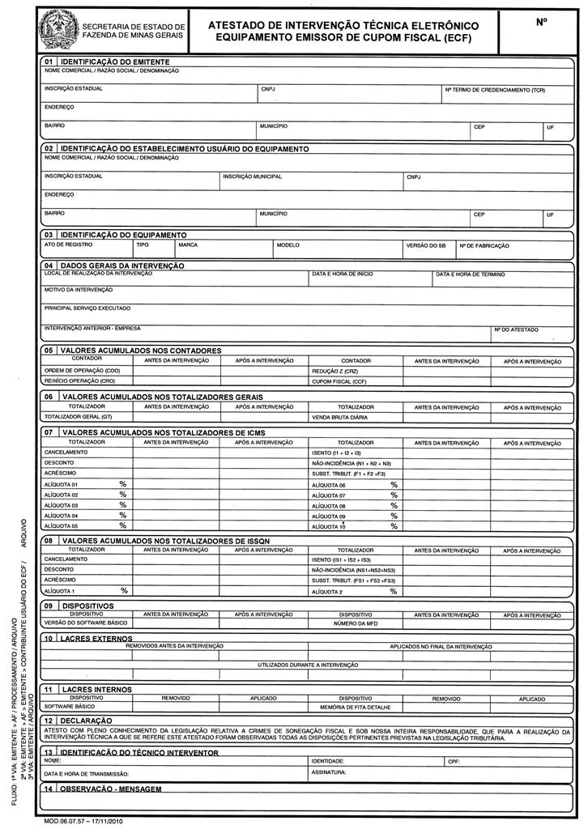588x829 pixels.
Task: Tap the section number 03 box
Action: (x=49, y=235)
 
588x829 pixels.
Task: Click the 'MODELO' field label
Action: (x=288, y=244)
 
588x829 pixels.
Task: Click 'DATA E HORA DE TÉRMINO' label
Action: (x=470, y=274)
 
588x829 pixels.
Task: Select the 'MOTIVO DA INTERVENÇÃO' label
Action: (x=78, y=289)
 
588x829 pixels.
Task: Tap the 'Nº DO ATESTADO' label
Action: (x=516, y=329)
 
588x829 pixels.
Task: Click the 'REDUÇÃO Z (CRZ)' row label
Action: (x=334, y=370)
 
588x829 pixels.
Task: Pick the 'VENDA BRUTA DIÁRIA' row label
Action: (x=340, y=417)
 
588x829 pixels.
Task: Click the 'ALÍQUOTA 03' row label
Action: (x=61, y=505)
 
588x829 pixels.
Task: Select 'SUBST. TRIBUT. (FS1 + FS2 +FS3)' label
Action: (x=353, y=580)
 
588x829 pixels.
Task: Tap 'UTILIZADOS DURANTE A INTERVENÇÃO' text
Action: (x=308, y=665)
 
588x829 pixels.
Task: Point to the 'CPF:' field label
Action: (x=453, y=762)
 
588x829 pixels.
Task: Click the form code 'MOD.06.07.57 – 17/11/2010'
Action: (x=84, y=821)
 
